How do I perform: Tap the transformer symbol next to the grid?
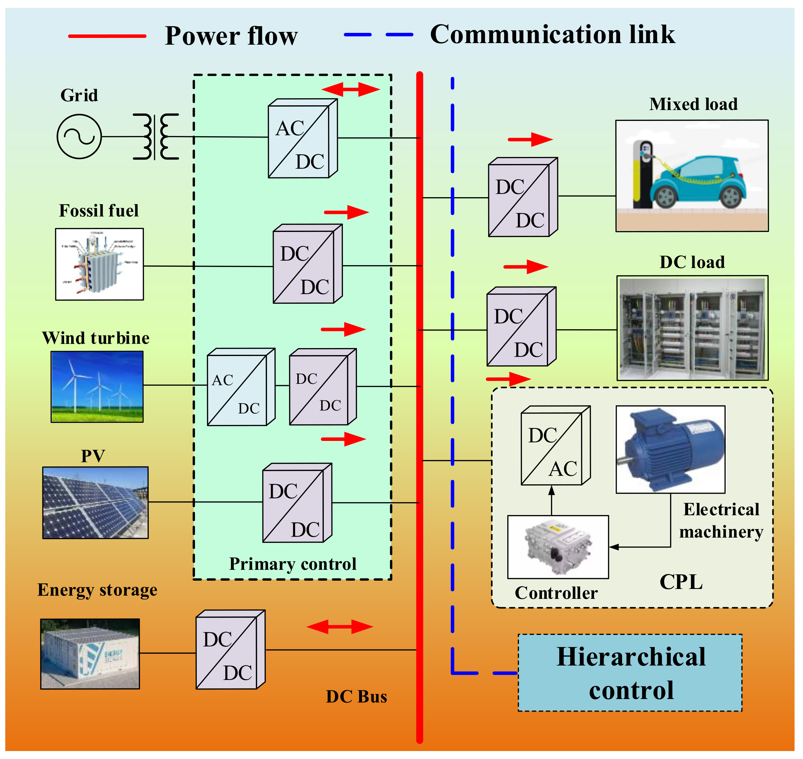click(156, 136)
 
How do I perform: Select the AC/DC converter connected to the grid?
click(302, 138)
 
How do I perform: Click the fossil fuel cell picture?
click(100, 264)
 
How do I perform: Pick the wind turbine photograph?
click(97, 386)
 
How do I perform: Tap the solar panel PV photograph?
click(95, 502)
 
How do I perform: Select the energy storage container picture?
click(90, 654)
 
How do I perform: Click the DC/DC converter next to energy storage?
click(230, 650)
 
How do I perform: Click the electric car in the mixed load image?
click(700, 182)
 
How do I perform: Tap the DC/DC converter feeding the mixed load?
click(523, 197)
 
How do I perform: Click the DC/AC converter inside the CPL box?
click(555, 445)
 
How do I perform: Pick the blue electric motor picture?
click(670, 450)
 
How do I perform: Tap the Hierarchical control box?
click(630, 673)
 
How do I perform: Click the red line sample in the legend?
click(107, 36)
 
